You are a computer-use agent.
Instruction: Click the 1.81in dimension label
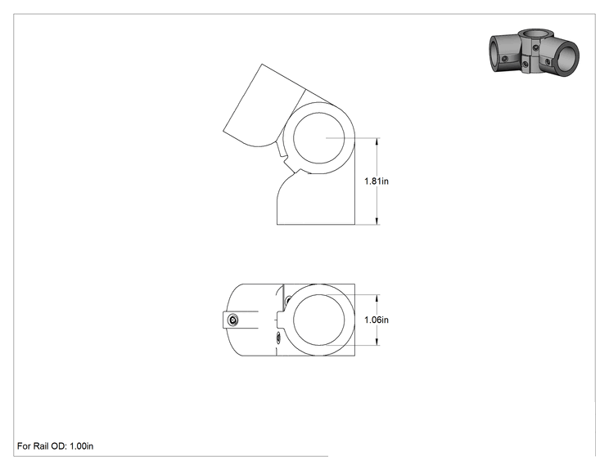[377, 181]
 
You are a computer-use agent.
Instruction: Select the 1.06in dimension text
[377, 320]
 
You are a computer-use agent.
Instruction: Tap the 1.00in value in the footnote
[82, 446]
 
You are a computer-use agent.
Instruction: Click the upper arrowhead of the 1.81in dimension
[377, 141]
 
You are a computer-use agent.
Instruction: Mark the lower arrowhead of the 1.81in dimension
[377, 221]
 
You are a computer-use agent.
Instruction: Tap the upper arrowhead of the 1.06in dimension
[377, 298]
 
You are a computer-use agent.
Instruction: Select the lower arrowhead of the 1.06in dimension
[377, 342]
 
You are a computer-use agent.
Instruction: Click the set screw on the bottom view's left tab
[233, 320]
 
